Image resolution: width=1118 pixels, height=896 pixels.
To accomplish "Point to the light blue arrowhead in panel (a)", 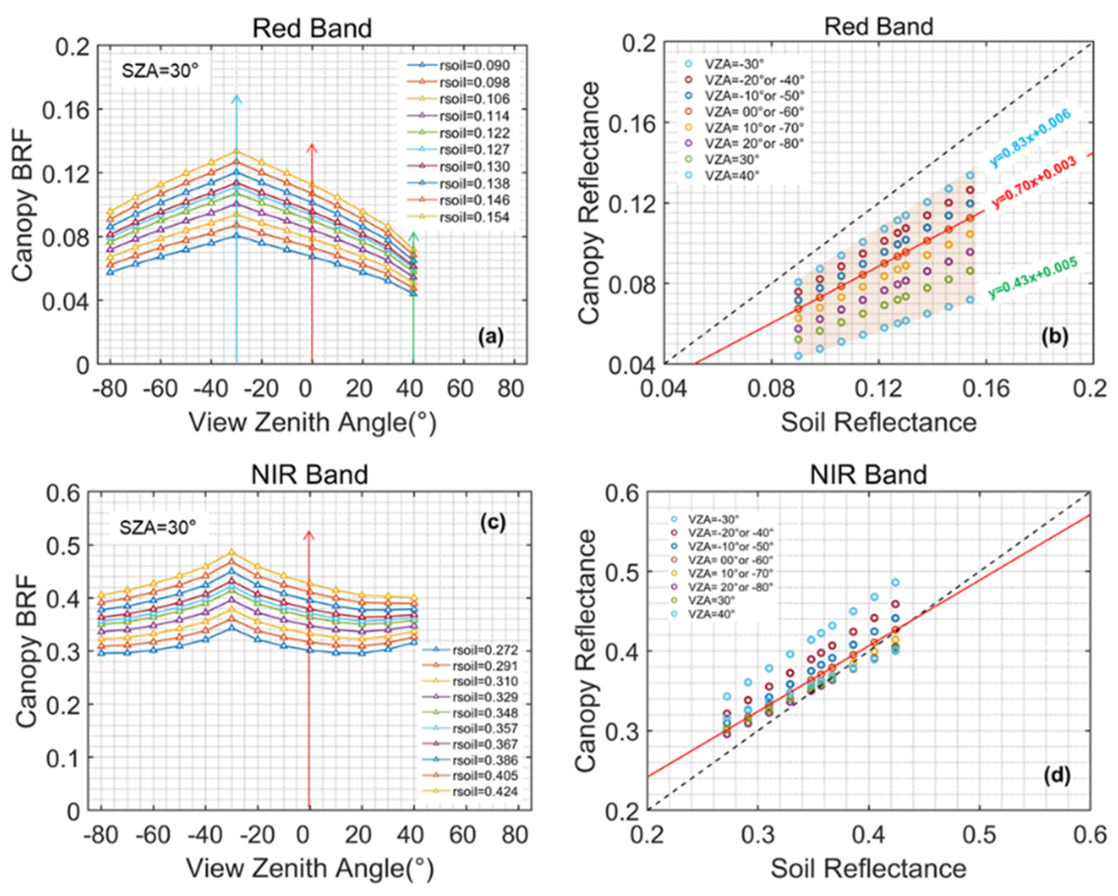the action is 237,98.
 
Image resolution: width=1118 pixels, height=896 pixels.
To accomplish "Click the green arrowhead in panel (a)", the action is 413,237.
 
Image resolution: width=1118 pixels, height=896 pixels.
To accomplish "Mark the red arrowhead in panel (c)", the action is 309,535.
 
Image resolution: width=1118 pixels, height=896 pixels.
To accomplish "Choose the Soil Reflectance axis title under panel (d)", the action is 868,868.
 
